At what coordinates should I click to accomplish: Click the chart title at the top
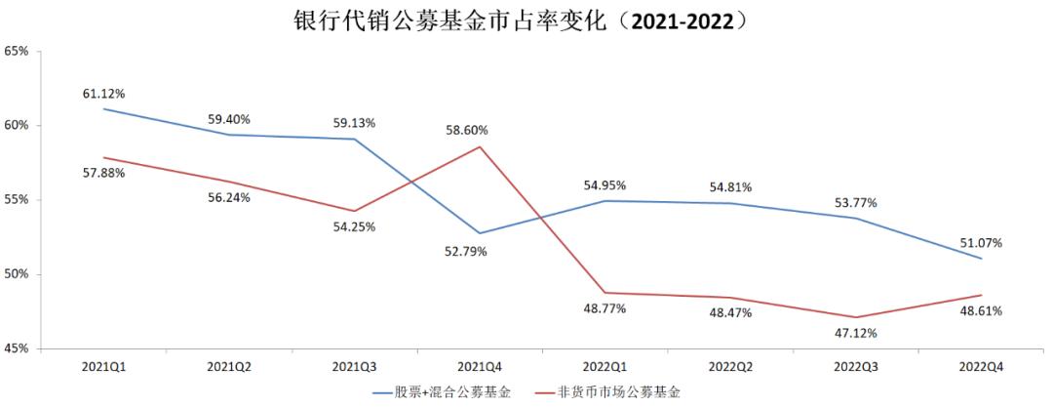(527, 20)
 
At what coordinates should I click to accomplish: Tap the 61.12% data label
(104, 93)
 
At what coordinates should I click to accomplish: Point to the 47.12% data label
(855, 333)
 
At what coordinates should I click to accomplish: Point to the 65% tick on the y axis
(19, 51)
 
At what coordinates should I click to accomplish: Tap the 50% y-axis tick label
(19, 274)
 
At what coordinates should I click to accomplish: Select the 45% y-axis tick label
(19, 348)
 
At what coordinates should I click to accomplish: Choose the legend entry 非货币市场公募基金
(621, 393)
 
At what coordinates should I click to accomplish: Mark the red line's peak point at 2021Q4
(480, 146)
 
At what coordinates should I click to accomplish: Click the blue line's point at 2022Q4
(981, 259)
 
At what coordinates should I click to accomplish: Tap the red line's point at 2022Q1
(604, 293)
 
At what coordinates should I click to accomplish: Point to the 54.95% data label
(604, 184)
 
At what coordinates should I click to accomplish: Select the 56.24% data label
(229, 196)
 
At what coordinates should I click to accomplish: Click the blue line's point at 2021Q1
(104, 108)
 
